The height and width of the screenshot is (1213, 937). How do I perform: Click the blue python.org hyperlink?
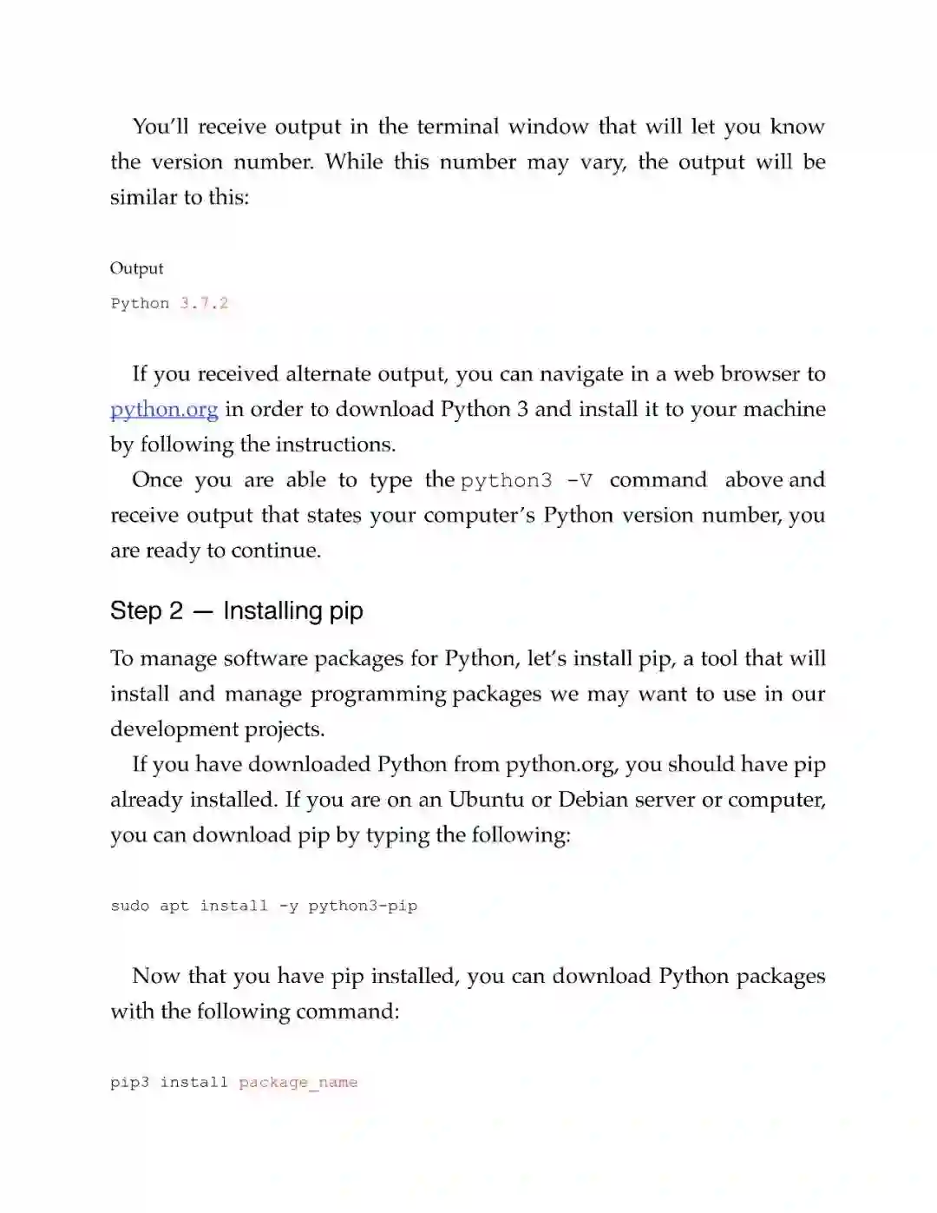[164, 409]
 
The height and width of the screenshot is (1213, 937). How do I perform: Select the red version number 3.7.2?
[204, 303]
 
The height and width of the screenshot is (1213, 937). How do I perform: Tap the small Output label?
[136, 268]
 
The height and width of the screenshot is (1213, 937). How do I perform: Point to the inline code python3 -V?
[527, 480]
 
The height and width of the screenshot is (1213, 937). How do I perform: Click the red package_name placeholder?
[298, 1082]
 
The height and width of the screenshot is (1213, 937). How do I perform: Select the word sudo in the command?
[130, 906]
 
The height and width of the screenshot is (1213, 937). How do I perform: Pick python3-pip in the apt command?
[363, 906]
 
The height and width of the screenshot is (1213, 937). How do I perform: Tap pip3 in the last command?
[129, 1082]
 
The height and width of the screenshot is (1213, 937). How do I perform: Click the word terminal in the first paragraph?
[457, 127]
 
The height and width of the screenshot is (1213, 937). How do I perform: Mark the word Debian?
[592, 800]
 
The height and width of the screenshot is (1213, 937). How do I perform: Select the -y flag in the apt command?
[288, 906]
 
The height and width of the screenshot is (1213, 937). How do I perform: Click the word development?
[174, 729]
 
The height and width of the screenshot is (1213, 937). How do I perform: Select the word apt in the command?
[174, 906]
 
